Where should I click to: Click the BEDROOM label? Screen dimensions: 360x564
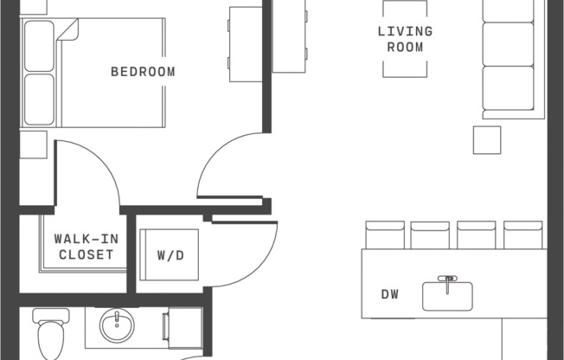point(143,72)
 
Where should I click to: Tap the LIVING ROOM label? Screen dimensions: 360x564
point(405,39)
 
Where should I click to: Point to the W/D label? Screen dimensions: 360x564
point(170,256)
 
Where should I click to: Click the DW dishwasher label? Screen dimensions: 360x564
point(390,294)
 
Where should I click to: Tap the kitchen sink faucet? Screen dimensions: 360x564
point(447,281)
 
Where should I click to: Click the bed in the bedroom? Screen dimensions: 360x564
point(104,73)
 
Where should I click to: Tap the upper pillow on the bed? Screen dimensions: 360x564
point(39,46)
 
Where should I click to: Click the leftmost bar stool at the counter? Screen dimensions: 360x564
point(384,235)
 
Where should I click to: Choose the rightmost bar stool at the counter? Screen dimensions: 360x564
point(522,235)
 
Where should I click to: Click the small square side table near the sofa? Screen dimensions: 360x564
point(486,139)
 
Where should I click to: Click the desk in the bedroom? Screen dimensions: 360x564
point(245,43)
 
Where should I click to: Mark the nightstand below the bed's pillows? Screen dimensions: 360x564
point(33,144)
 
